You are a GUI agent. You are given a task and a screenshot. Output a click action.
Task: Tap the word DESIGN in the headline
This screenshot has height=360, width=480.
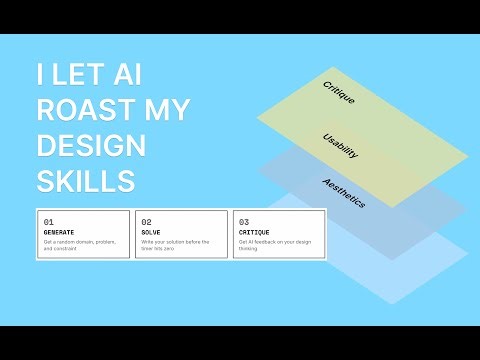point(91,147)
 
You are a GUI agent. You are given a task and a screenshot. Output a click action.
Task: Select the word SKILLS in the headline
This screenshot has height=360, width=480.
point(85,182)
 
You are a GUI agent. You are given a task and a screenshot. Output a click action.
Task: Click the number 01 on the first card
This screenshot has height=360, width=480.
point(49,222)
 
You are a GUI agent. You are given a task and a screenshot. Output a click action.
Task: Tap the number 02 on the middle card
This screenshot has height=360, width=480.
point(146,222)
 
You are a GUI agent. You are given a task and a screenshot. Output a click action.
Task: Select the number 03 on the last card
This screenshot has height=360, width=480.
point(244,222)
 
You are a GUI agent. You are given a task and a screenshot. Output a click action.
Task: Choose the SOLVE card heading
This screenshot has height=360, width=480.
point(150,232)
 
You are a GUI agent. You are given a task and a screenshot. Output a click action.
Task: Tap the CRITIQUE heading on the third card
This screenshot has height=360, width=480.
point(254,232)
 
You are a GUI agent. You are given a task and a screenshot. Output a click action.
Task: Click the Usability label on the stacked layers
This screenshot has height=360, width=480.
point(341,144)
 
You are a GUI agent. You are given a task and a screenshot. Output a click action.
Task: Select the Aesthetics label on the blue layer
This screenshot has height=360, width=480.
point(343,193)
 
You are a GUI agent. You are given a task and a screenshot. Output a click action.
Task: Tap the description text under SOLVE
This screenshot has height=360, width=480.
point(175,246)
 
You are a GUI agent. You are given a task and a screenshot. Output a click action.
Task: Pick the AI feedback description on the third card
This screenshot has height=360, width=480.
point(275,246)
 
